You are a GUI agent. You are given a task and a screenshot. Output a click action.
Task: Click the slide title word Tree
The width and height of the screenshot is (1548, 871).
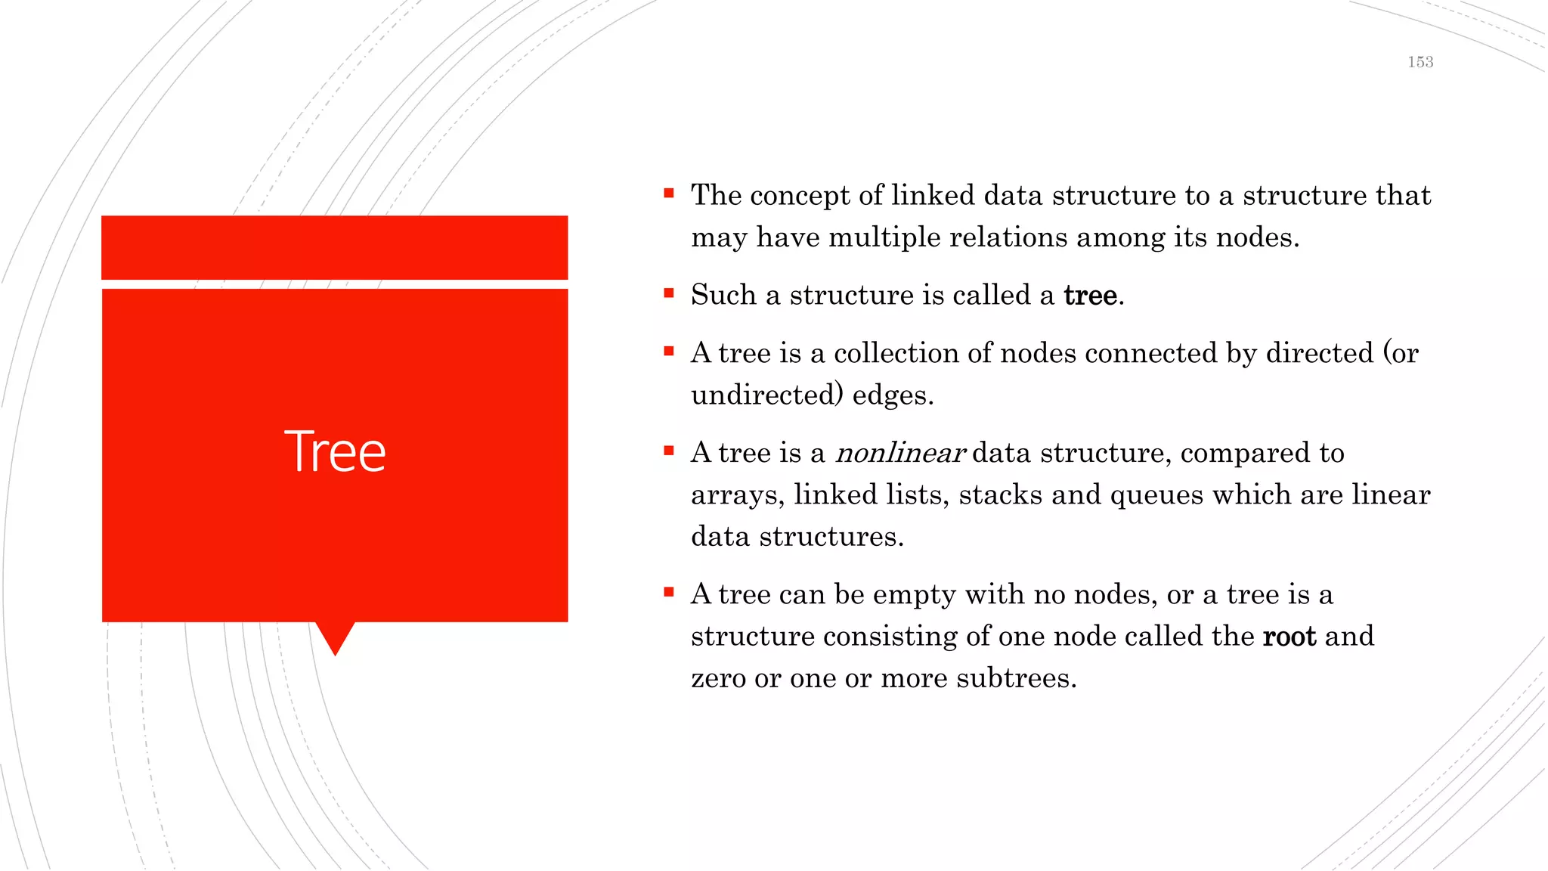pos(335,451)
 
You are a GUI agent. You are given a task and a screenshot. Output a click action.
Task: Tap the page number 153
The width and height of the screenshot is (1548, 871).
pos(1420,62)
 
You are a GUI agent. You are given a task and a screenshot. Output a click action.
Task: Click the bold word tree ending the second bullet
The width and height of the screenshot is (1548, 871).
pos(1089,295)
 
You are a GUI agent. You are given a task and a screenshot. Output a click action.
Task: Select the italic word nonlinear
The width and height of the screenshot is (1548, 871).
pos(899,453)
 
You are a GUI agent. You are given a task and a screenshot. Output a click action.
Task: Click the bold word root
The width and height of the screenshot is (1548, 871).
pos(1289,636)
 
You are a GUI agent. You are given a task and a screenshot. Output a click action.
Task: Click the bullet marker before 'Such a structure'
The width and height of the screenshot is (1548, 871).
pos(668,293)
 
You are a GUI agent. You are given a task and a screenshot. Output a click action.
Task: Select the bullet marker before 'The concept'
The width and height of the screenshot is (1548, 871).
pos(668,194)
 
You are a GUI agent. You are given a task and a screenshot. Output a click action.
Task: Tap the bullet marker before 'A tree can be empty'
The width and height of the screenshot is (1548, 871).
pos(668,592)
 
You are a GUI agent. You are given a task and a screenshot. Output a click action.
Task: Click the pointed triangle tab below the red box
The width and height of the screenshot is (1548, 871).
pos(335,636)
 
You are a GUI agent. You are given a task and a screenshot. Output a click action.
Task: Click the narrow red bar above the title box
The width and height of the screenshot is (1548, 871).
pos(334,247)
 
